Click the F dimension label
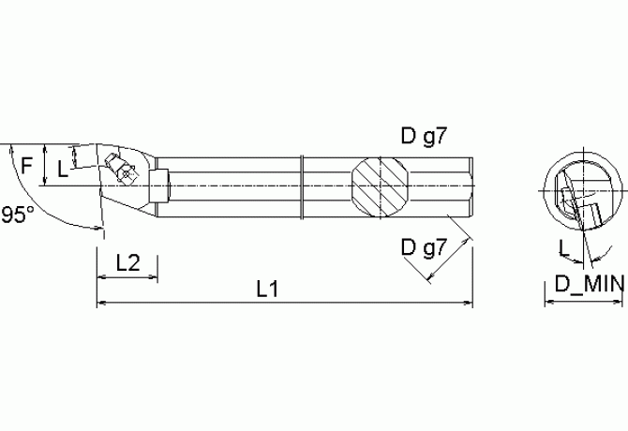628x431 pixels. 27,165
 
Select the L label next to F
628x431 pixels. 62,169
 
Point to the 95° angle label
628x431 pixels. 17,215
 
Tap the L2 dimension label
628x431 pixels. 127,263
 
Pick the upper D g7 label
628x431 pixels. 426,137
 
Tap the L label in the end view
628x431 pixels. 562,247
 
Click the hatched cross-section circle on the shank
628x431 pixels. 381,183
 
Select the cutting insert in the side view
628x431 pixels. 122,169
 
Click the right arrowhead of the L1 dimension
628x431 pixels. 469,303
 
